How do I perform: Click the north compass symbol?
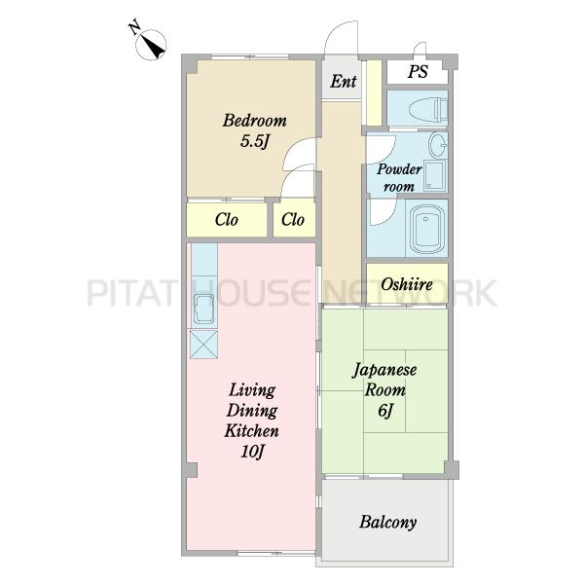151,43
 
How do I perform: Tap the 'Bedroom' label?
255,121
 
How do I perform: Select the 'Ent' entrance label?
343,81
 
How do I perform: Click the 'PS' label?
418,71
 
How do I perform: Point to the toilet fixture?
428,109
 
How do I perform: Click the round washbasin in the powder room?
437,144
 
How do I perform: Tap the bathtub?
427,230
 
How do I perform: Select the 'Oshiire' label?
407,284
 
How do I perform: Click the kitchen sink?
204,309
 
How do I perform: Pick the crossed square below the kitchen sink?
203,345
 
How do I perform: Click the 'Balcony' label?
387,522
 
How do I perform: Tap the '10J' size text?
252,452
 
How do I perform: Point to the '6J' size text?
385,411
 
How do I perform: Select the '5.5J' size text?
255,141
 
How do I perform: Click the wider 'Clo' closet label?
227,219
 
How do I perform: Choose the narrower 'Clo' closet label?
293,219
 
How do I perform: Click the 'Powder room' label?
399,178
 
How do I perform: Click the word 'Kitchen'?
251,431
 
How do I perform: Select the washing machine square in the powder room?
435,175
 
